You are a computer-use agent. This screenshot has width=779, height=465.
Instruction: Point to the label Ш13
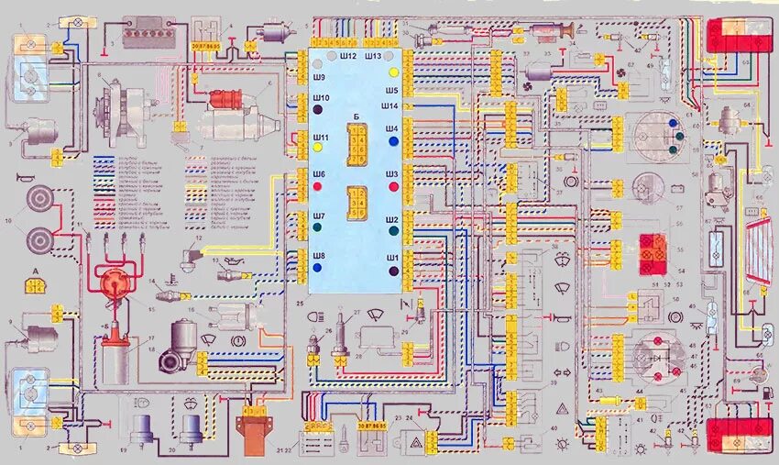tap(372, 57)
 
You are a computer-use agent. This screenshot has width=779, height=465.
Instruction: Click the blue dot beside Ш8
tap(317, 268)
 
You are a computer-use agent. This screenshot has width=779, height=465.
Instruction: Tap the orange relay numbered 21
tap(255, 431)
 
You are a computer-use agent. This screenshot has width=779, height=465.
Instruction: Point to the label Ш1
tap(391, 258)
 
